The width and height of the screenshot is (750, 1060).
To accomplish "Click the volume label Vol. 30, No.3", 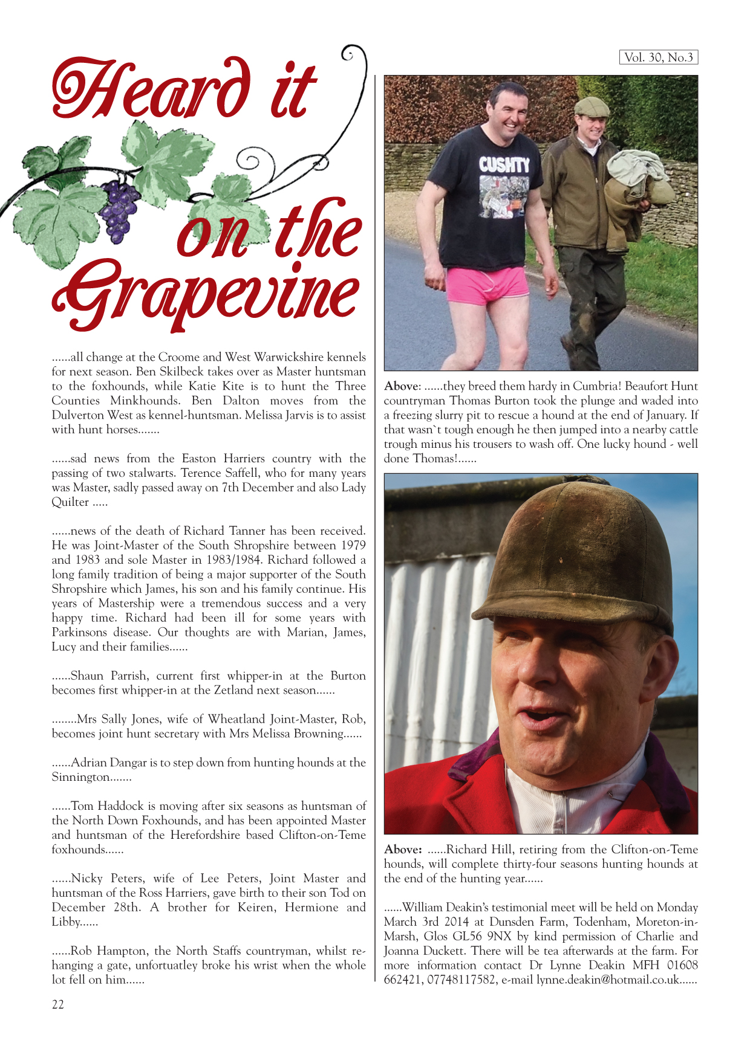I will [x=658, y=57].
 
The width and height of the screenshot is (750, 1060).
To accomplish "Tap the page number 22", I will [x=58, y=1004].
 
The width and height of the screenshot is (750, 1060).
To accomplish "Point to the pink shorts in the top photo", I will [x=487, y=284].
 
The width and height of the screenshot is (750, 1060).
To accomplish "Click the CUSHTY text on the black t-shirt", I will [x=504, y=164].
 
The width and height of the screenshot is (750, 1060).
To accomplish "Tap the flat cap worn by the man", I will [x=591, y=107].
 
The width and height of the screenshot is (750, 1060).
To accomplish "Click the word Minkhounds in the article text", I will [x=143, y=401].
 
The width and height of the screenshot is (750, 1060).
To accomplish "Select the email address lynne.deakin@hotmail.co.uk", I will [x=608, y=980].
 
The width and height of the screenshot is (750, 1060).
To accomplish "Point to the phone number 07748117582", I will [x=461, y=980].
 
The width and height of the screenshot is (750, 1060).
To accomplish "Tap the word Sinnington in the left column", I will [x=80, y=777].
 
